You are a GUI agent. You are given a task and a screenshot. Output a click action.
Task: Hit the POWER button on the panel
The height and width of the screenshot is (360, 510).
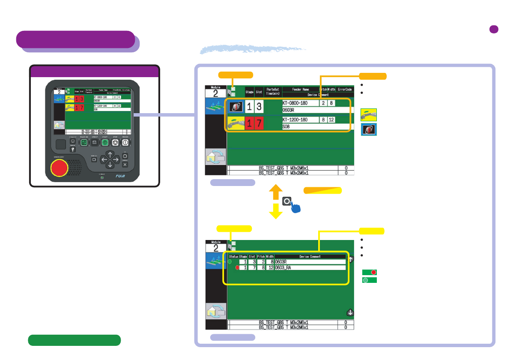tap(125, 143)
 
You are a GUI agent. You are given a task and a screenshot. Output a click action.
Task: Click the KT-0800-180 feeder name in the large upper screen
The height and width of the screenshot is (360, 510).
tap(301, 103)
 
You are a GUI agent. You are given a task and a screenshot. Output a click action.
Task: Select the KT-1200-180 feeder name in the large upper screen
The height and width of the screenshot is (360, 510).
tap(301, 120)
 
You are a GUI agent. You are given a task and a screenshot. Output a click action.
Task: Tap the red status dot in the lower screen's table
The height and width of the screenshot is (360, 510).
tap(237, 268)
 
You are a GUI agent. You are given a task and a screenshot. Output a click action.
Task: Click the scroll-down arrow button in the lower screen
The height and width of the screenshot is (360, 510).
tap(350, 312)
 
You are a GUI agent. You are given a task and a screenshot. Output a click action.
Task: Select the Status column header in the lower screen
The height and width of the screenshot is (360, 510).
tap(233, 256)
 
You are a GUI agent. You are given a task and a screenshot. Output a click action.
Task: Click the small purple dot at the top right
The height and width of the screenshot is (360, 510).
tap(493, 29)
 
